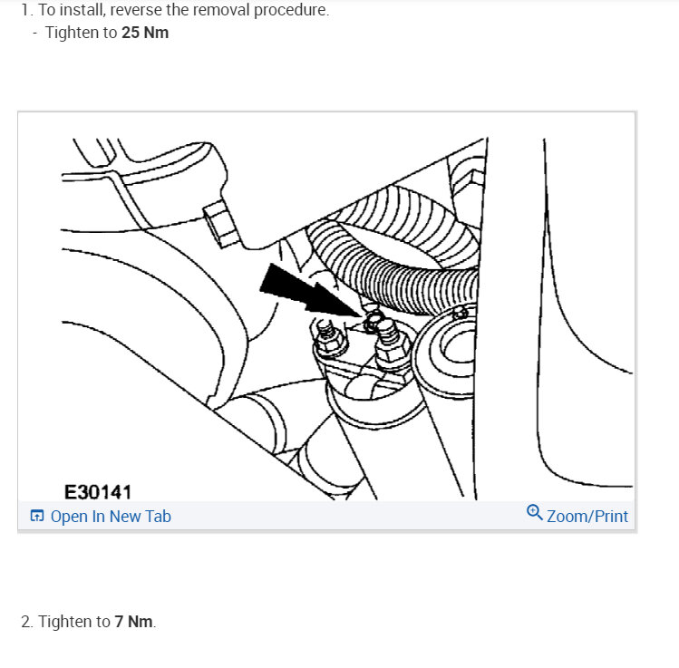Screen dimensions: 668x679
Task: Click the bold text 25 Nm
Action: [145, 33]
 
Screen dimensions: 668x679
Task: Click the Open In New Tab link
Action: [110, 517]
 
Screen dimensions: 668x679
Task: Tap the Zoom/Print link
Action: [587, 516]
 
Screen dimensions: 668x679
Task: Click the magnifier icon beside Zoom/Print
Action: [535, 513]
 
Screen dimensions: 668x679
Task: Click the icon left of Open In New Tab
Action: [36, 517]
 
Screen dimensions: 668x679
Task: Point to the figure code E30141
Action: [98, 492]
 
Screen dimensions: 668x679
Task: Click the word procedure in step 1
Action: [293, 11]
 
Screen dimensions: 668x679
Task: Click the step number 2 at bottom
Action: [25, 622]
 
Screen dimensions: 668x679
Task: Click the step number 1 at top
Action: [24, 11]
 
